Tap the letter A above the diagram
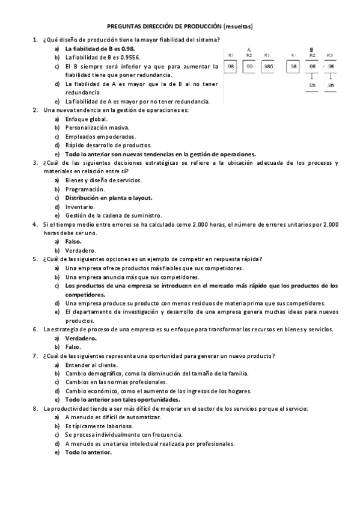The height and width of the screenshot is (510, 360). point(249,49)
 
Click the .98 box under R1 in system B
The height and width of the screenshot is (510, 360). point(293,67)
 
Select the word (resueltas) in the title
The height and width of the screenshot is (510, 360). point(237,27)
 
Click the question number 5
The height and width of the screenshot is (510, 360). point(35,259)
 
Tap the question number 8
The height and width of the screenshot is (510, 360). point(35,409)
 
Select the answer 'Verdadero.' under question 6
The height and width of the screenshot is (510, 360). point(81,339)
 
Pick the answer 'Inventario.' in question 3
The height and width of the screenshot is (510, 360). point(79,206)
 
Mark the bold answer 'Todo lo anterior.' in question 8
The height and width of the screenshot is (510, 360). point(88,452)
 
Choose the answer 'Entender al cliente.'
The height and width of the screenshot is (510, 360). point(91,365)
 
